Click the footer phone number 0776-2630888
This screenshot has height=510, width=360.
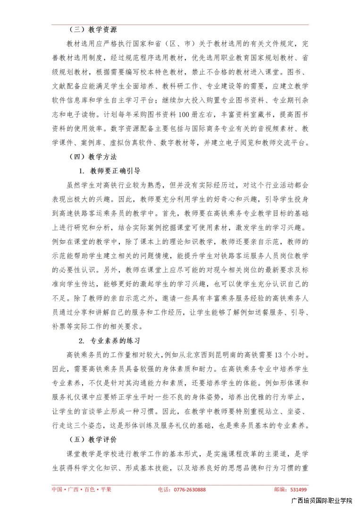click(189, 490)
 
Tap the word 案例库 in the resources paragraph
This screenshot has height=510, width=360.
click(91, 143)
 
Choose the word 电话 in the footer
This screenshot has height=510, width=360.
click(163, 490)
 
